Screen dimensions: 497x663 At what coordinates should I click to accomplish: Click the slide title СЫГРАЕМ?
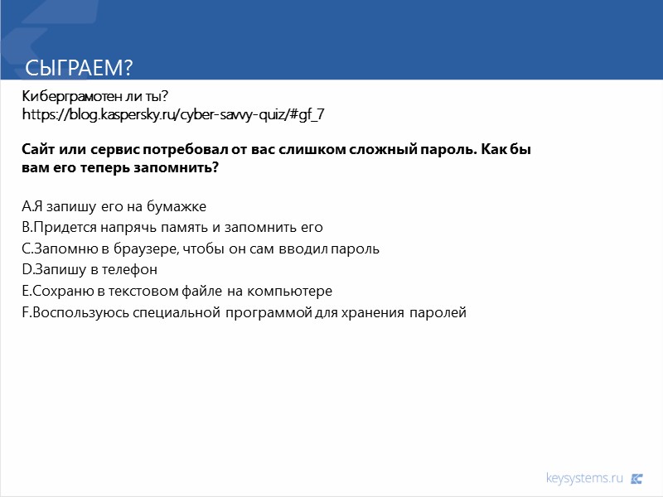click(x=80, y=67)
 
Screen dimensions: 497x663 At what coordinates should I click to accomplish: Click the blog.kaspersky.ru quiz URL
click(x=172, y=114)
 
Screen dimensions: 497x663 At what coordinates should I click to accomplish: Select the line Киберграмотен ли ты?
click(x=95, y=98)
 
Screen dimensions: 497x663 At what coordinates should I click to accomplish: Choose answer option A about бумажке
click(x=114, y=205)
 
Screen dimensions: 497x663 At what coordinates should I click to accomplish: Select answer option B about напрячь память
click(x=172, y=227)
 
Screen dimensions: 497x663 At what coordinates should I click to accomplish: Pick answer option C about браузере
click(x=200, y=248)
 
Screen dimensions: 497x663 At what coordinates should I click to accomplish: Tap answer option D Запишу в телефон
click(x=89, y=270)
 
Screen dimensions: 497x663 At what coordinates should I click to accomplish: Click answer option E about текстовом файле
click(x=177, y=292)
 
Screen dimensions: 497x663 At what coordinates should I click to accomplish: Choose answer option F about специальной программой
click(x=244, y=313)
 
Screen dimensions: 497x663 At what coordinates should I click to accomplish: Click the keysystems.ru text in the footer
click(x=584, y=478)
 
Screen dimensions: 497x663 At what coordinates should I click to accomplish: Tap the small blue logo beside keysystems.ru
click(x=636, y=478)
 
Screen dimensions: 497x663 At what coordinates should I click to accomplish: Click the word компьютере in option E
click(x=293, y=292)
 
